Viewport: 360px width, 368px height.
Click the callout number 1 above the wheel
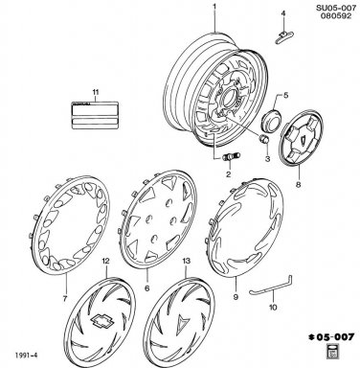click(214, 6)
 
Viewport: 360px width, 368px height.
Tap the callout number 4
click(282, 13)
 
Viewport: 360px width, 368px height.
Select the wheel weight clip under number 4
click(284, 37)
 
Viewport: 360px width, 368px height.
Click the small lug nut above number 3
click(264, 139)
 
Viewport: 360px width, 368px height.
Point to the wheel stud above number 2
click(232, 157)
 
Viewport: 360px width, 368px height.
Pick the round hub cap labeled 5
click(271, 121)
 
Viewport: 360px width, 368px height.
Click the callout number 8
click(299, 185)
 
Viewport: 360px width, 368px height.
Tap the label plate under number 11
click(95, 115)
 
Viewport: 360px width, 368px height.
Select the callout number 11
click(96, 92)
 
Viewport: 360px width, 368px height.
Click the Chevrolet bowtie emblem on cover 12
click(101, 321)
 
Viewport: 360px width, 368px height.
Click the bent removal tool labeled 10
click(272, 287)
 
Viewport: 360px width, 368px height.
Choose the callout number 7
click(65, 299)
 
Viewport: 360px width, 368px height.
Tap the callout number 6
click(147, 288)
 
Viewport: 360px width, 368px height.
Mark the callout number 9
click(236, 297)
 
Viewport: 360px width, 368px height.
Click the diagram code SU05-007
click(336, 8)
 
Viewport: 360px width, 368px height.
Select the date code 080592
click(336, 16)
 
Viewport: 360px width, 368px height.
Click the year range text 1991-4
click(26, 356)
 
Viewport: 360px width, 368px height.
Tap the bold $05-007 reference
click(331, 336)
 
